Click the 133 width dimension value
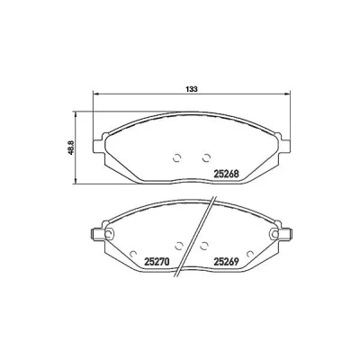(x=192, y=89)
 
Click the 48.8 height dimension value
(x=71, y=148)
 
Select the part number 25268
(x=226, y=174)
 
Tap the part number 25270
(x=157, y=262)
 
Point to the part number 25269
(x=226, y=262)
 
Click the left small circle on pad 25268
(x=177, y=157)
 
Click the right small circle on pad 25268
(x=206, y=157)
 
